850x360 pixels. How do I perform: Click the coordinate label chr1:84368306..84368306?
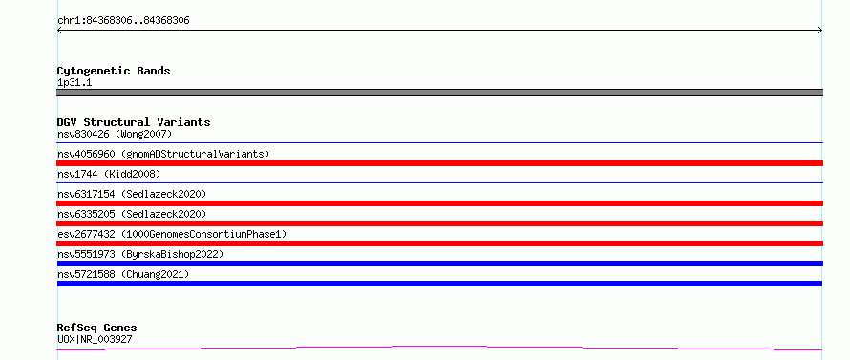[123, 21]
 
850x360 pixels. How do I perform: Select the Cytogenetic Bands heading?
[114, 71]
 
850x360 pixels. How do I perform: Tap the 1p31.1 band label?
[74, 82]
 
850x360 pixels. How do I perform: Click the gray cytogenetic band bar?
[439, 93]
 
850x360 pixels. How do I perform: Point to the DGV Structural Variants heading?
[134, 122]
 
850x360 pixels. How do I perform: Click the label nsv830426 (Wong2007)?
[115, 134]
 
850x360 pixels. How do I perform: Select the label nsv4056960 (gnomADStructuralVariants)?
[163, 154]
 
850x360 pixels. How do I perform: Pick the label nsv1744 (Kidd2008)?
[109, 174]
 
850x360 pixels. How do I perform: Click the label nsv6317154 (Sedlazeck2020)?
[132, 194]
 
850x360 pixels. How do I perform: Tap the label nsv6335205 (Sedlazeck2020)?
[132, 214]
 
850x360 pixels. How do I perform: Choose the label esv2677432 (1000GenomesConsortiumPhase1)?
[172, 234]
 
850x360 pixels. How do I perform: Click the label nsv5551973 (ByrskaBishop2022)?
[140, 254]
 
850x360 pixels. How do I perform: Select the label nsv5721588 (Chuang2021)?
[123, 274]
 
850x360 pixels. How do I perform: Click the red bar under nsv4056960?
[439, 163]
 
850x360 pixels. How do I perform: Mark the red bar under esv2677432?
[439, 244]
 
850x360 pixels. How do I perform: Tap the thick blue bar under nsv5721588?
[439, 284]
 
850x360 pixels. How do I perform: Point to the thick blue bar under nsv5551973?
[439, 264]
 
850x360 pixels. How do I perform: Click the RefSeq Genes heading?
[96, 328]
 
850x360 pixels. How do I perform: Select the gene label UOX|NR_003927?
[95, 339]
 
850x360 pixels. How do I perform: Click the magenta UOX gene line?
[439, 347]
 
